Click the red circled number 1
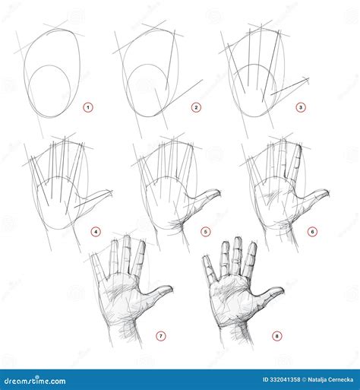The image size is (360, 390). [87, 108]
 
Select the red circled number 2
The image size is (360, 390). [196, 108]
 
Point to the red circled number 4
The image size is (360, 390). [96, 231]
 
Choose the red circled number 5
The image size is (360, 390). [205, 231]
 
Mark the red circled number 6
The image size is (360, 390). [312, 231]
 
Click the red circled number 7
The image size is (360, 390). [160, 335]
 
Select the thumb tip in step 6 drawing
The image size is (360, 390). [327, 192]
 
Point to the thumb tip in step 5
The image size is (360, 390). [218, 192]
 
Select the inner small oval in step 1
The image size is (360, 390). [51, 89]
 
